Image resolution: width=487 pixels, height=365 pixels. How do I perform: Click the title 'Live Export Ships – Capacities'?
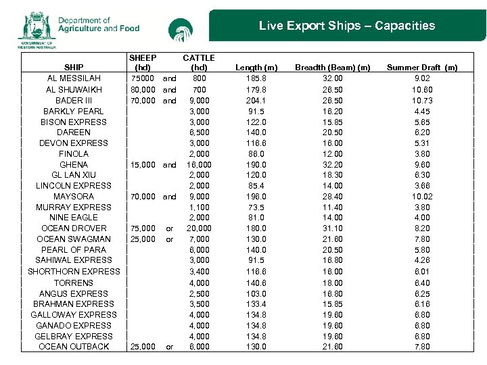pyautogui.click(x=346, y=26)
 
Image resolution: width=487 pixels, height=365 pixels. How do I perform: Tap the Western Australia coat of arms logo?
pyautogui.click(x=37, y=28)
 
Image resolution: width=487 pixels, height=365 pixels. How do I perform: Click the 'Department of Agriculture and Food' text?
pyautogui.click(x=99, y=25)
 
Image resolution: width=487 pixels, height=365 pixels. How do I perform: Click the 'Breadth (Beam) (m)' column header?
pyautogui.click(x=333, y=68)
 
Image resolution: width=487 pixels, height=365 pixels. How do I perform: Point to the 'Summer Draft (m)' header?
pyautogui.click(x=421, y=68)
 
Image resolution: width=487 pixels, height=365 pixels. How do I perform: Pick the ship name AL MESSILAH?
pyautogui.click(x=74, y=79)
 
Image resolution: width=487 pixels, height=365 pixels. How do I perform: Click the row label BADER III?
pyautogui.click(x=74, y=101)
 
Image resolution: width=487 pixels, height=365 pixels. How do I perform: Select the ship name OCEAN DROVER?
pyautogui.click(x=74, y=228)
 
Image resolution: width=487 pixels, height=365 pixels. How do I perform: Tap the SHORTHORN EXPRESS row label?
pyautogui.click(x=74, y=272)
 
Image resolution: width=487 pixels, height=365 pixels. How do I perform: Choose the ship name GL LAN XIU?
pyautogui.click(x=74, y=175)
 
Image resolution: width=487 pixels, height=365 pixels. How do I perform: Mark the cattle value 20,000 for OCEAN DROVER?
pyautogui.click(x=199, y=228)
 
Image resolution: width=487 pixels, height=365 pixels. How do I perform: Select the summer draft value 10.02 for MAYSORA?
pyautogui.click(x=421, y=197)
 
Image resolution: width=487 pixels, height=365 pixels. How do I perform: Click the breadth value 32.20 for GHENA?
pyautogui.click(x=333, y=165)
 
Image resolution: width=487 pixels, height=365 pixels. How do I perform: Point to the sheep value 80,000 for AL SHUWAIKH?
pyautogui.click(x=143, y=90)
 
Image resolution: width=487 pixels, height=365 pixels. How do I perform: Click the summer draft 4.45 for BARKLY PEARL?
pyautogui.click(x=421, y=112)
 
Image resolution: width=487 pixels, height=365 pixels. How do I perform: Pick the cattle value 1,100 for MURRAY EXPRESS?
pyautogui.click(x=199, y=208)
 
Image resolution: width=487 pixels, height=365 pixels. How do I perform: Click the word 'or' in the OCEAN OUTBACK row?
pyautogui.click(x=170, y=347)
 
